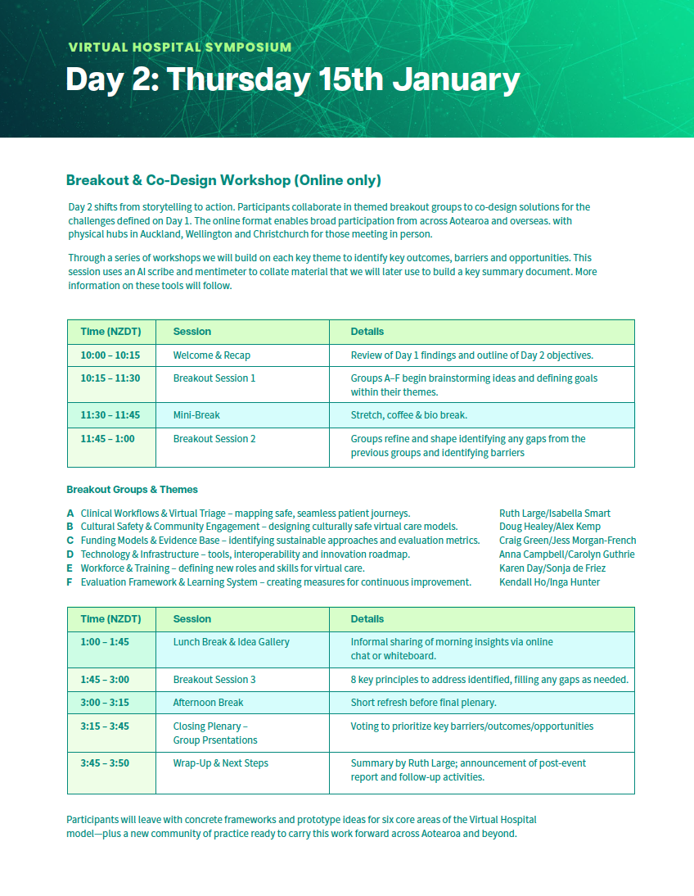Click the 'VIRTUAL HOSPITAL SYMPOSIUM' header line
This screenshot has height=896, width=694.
179,48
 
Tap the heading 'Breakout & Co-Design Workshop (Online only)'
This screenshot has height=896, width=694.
223,180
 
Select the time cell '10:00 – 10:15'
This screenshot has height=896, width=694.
110,355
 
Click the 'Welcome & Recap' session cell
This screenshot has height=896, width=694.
212,355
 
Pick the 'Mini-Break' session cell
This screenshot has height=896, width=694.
196,415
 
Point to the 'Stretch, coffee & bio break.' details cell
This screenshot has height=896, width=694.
408,415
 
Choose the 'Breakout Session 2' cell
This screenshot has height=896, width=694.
214,439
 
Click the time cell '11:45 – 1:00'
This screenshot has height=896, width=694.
107,439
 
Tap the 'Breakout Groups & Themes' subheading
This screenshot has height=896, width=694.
132,490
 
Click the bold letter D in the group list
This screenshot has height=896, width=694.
70,554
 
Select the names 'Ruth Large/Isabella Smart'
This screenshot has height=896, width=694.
554,514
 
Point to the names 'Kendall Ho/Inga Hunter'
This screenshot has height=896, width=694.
549,582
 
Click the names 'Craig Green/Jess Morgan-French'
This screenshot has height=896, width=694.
567,541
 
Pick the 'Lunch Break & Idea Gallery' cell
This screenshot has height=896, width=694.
231,642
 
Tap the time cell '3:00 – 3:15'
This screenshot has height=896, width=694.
104,703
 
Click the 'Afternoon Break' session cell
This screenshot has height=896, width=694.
208,703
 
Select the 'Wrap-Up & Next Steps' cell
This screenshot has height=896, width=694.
220,763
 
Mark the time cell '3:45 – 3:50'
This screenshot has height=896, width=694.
104,763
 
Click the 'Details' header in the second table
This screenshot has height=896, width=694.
367,619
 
